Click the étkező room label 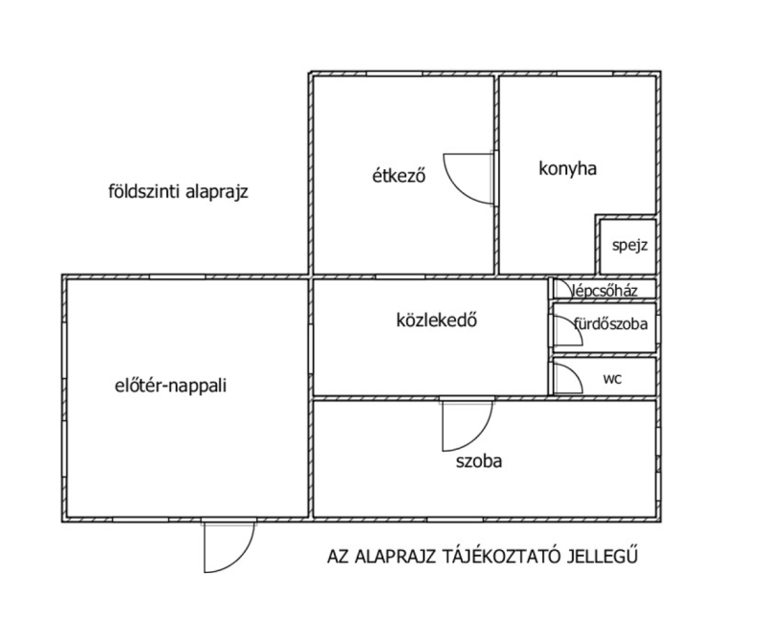pyautogui.click(x=399, y=175)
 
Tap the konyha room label pyautogui.click(x=567, y=168)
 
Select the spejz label pyautogui.click(x=629, y=245)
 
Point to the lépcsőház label pyautogui.click(x=605, y=291)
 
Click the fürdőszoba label pyautogui.click(x=611, y=323)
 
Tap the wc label pyautogui.click(x=612, y=378)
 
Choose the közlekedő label pyautogui.click(x=436, y=321)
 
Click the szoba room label pyautogui.click(x=479, y=461)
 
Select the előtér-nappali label pyautogui.click(x=171, y=386)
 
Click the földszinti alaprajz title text pyautogui.click(x=178, y=191)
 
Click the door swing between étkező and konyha pyautogui.click(x=468, y=178)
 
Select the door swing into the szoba pyautogui.click(x=468, y=426)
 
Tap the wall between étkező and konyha pyautogui.click(x=496, y=175)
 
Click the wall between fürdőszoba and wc pyautogui.click(x=603, y=355)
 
